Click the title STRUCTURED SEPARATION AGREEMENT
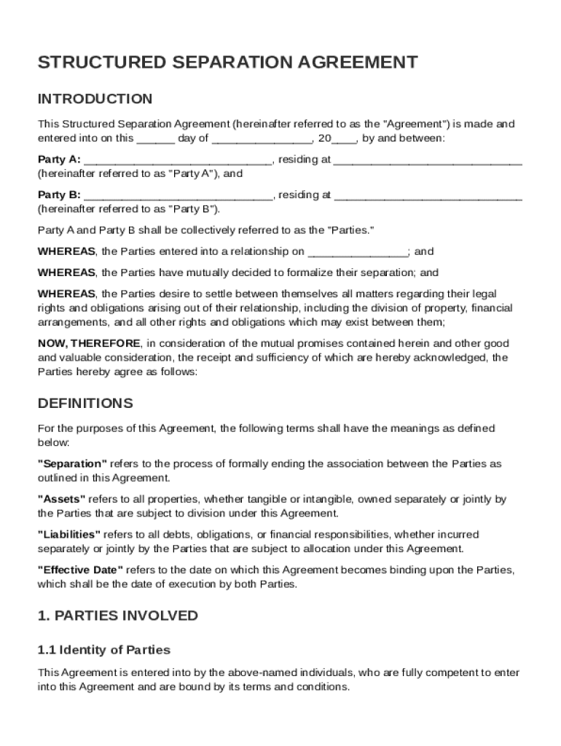point(227,63)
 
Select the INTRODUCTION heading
point(95,99)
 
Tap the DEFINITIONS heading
point(85,404)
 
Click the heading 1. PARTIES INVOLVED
point(117,616)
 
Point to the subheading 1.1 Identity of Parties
point(103,650)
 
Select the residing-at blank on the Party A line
point(428,161)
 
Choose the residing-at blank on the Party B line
point(428,196)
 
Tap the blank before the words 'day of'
point(155,139)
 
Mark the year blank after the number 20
point(344,139)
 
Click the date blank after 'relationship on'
point(358,253)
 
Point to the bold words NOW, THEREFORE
point(89,343)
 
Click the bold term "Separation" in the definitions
point(72,464)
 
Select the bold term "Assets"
point(62,499)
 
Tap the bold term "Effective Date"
point(80,570)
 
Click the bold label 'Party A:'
point(59,160)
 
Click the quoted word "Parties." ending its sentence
point(353,230)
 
